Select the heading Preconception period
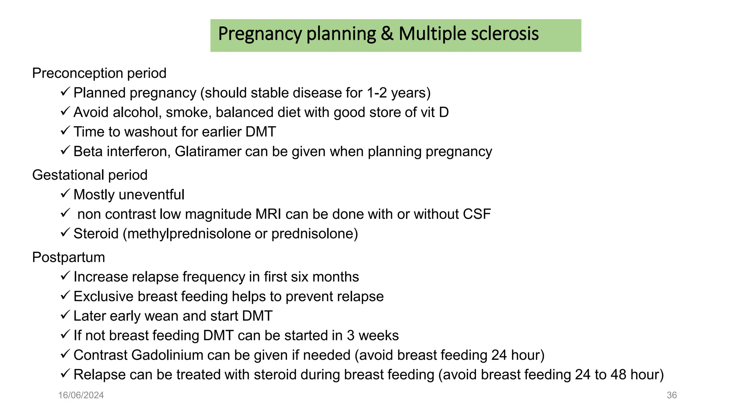point(99,73)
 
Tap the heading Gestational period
point(90,175)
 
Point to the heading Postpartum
point(69,257)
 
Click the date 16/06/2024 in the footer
point(81,395)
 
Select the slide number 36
point(671,395)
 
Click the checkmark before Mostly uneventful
point(65,194)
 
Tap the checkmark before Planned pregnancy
point(65,92)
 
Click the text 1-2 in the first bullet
point(377,93)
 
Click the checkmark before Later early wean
point(65,315)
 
